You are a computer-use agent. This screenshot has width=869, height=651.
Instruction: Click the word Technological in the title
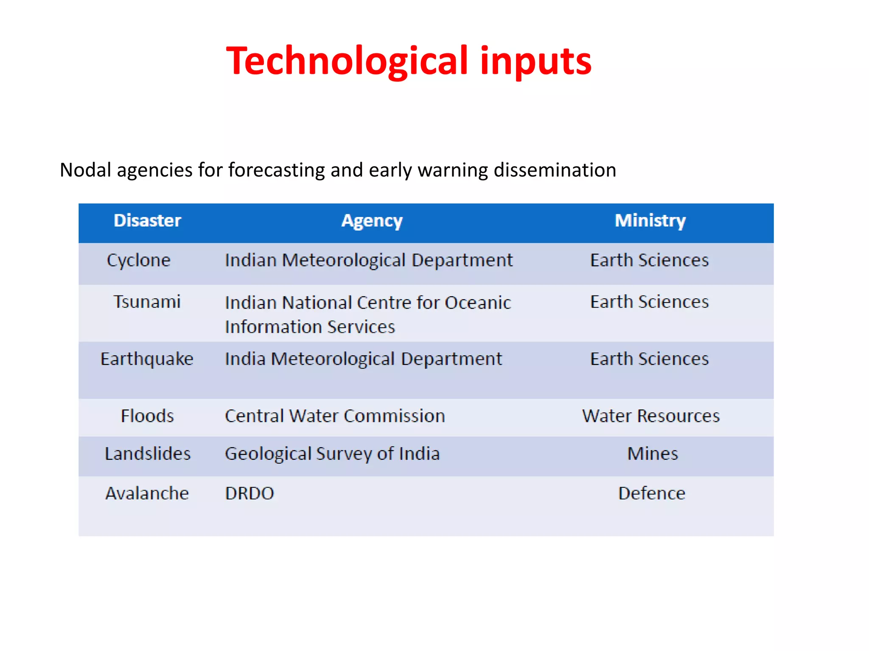click(x=347, y=61)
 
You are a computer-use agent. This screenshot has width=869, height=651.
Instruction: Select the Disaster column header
click(x=147, y=221)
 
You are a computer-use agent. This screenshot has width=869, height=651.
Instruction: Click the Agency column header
click(x=372, y=221)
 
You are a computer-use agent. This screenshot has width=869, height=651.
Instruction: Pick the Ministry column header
click(x=650, y=221)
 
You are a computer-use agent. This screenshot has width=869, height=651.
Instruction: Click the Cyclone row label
click(x=138, y=260)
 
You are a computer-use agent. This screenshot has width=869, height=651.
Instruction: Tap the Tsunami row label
click(x=147, y=302)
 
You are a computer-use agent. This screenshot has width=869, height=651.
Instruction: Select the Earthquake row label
click(x=147, y=359)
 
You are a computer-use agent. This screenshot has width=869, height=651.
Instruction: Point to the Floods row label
click(x=147, y=416)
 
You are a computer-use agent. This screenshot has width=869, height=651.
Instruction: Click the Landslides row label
click(x=148, y=453)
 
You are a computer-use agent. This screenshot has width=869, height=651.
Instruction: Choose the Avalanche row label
click(x=147, y=493)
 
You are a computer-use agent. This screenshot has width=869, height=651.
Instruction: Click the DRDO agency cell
click(x=249, y=493)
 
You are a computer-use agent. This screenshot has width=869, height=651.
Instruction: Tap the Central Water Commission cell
click(x=335, y=416)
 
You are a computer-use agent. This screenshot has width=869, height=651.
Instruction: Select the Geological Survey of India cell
click(x=332, y=453)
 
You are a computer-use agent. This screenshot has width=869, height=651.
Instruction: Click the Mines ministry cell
click(x=652, y=453)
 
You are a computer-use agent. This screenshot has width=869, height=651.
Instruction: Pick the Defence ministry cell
click(x=651, y=493)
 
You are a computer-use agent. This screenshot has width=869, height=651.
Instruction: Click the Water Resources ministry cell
click(x=650, y=416)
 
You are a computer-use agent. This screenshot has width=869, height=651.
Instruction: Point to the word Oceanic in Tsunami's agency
click(x=478, y=303)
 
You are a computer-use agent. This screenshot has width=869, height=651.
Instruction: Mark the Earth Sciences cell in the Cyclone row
click(x=649, y=260)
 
